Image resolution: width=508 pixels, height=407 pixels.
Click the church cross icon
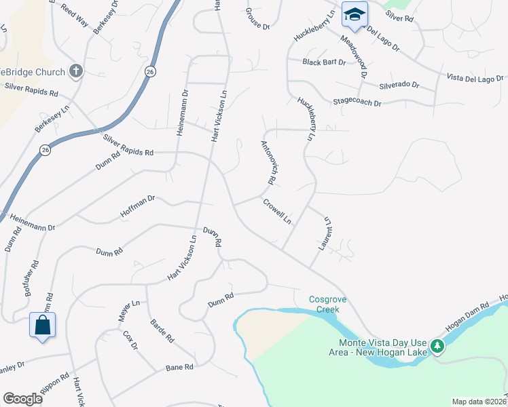(76, 71)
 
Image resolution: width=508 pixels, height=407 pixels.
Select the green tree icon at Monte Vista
(439, 347)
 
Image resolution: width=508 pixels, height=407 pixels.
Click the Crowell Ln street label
(277, 211)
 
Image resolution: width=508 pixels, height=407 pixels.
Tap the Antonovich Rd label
(266, 163)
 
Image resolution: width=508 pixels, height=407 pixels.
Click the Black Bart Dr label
(325, 62)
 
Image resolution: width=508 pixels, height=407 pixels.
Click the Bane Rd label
(180, 368)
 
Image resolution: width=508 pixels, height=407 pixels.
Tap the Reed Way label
(75, 14)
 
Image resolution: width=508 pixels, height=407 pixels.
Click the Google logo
(22, 399)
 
